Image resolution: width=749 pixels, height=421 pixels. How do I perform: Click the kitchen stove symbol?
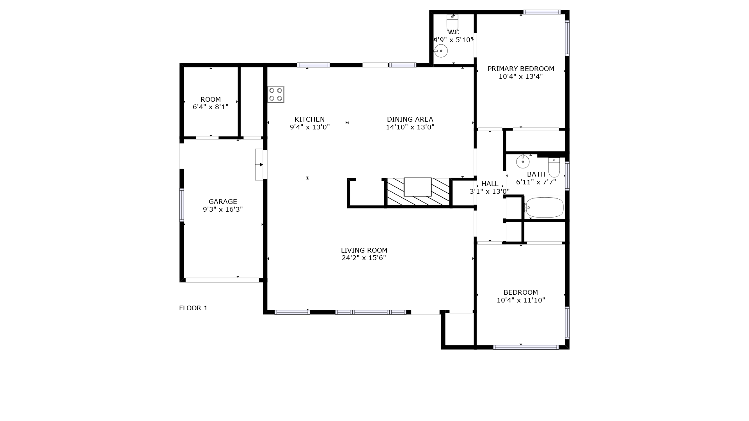tap(276, 94)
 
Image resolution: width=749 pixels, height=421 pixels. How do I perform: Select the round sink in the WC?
tap(441, 51)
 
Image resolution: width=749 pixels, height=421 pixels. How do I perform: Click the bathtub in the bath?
tap(544, 207)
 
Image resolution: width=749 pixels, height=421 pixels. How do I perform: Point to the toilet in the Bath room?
tap(554, 167)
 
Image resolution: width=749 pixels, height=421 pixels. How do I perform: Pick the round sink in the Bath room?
tap(523, 161)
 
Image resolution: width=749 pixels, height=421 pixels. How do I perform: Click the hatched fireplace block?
tap(418, 192)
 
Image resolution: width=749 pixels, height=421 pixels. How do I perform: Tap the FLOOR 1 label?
tap(193, 308)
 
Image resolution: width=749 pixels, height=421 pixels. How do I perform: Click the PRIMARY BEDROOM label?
tap(521, 69)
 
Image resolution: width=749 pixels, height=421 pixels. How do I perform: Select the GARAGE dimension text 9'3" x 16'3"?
tap(223, 209)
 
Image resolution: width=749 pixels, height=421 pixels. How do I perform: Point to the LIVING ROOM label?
tap(364, 250)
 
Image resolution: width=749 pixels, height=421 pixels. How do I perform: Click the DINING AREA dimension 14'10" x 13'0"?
tap(410, 127)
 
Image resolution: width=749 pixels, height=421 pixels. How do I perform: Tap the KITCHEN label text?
tap(310, 119)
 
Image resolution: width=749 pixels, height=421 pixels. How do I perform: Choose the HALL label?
tap(490, 184)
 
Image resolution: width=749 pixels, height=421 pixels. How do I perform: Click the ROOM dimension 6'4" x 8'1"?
tap(211, 107)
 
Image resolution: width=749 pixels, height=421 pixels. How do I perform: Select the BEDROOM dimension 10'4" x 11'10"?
tap(521, 300)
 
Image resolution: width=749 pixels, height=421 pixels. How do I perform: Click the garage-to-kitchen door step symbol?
tap(259, 165)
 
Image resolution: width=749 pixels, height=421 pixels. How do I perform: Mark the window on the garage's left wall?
tap(182, 205)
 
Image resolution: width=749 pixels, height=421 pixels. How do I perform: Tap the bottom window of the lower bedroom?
tap(526, 347)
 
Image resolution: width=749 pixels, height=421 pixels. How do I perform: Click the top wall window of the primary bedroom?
tap(542, 12)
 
